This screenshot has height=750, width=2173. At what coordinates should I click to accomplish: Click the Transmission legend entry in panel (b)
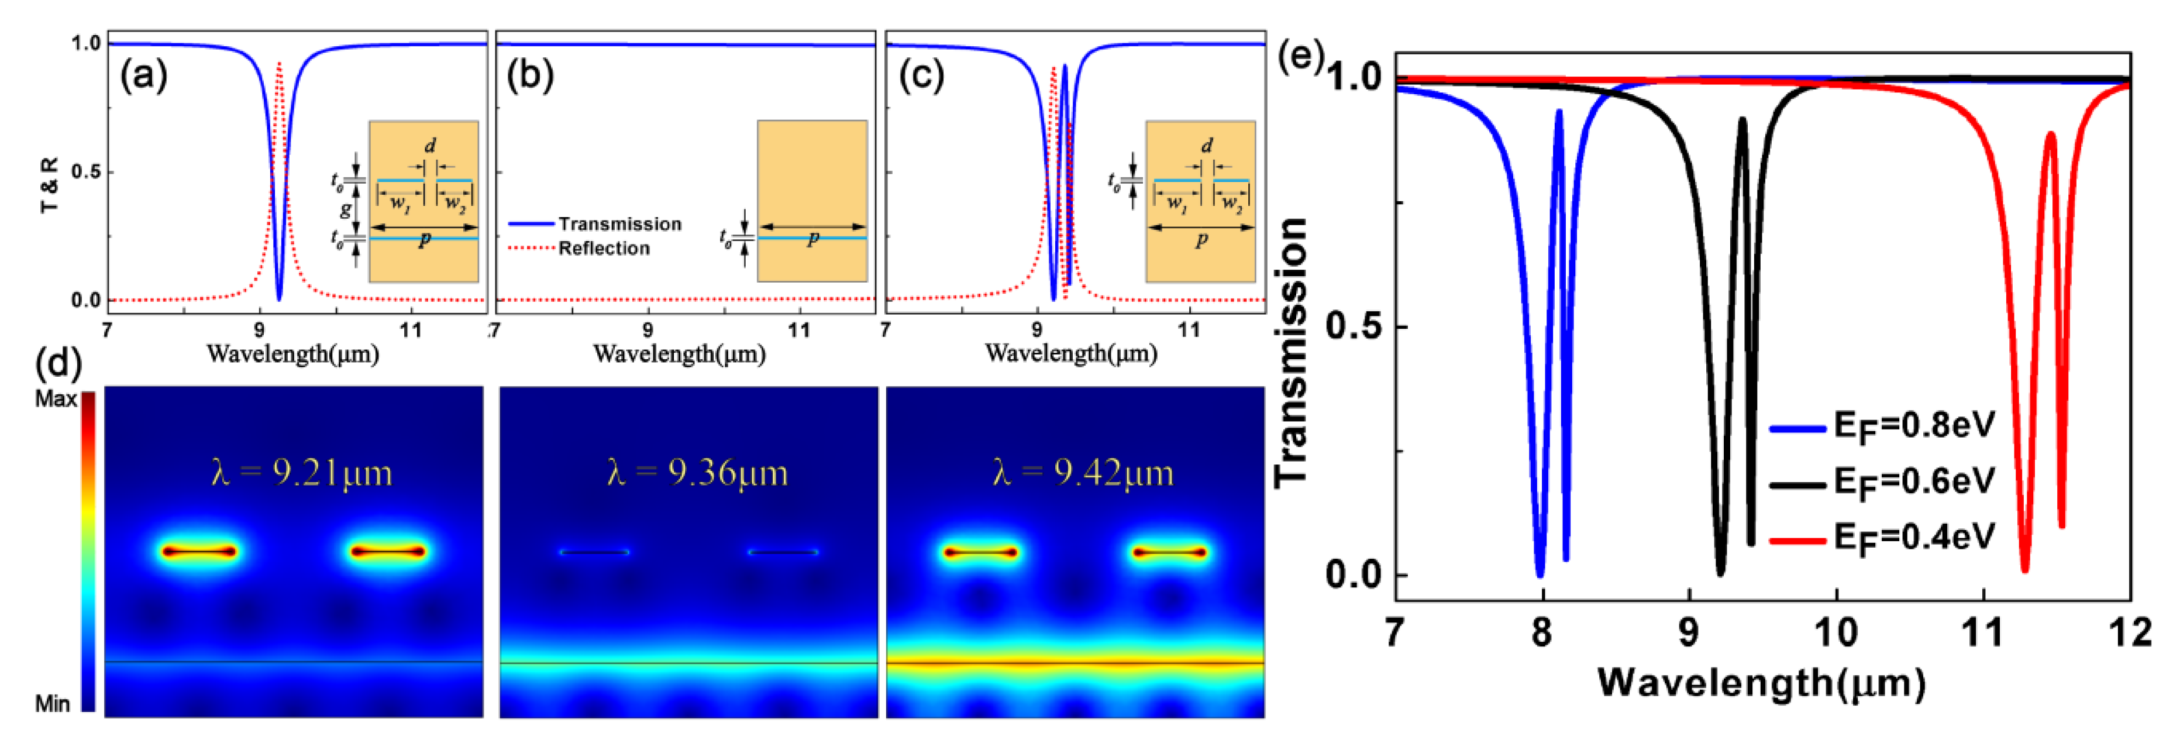pyautogui.click(x=619, y=223)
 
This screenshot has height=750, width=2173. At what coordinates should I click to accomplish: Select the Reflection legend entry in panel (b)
pyautogui.click(x=604, y=248)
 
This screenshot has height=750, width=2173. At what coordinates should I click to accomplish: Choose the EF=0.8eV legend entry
pyautogui.click(x=1914, y=426)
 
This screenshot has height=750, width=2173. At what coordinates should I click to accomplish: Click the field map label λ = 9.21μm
pyautogui.click(x=301, y=473)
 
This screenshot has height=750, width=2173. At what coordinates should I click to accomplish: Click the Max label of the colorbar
pyautogui.click(x=55, y=399)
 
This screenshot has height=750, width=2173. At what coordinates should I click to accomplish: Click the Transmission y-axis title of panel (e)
pyautogui.click(x=1291, y=353)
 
